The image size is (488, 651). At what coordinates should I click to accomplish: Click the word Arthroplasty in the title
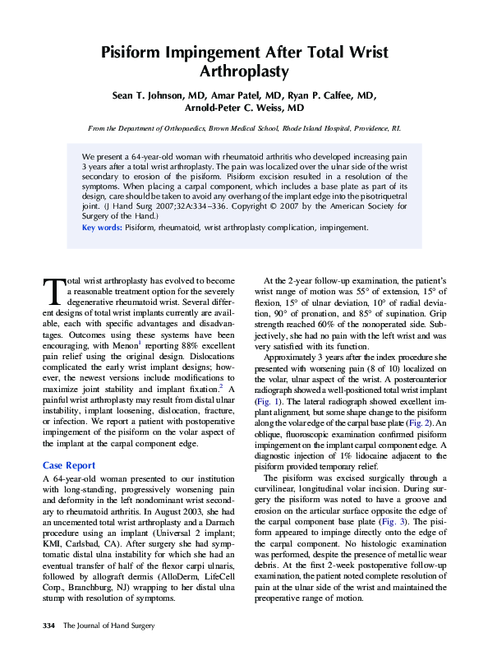(244, 72)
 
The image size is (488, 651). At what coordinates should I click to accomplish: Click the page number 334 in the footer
(48, 626)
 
